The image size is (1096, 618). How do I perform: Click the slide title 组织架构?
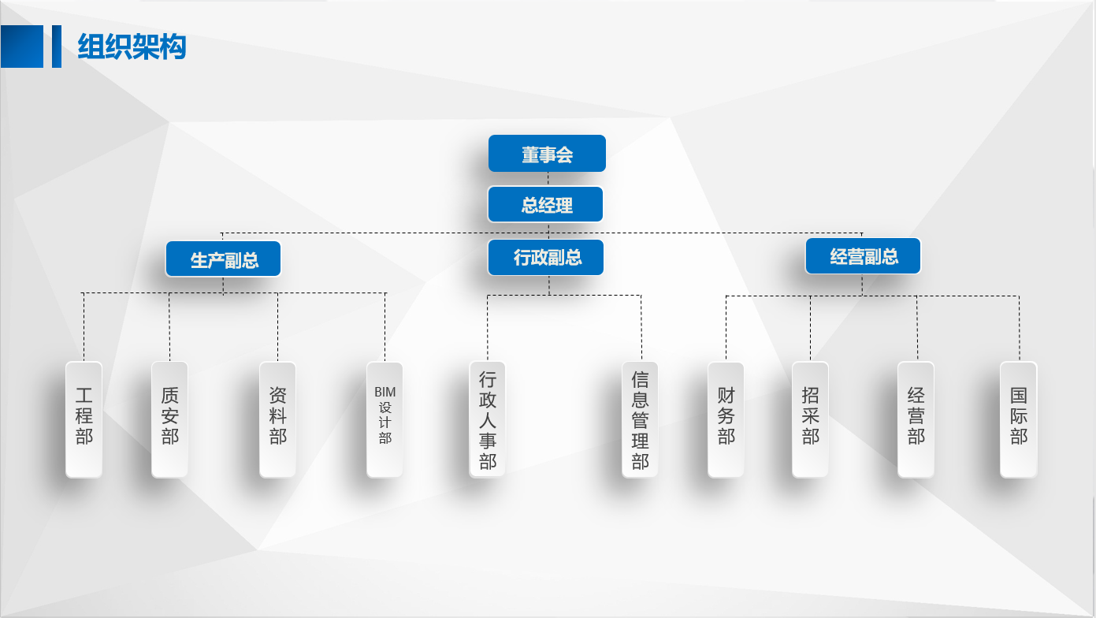pos(132,47)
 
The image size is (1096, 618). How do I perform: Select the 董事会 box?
pos(547,154)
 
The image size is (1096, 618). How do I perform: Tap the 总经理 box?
pos(545,205)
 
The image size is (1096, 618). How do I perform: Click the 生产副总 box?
pos(224,259)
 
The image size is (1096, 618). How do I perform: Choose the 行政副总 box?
pos(546,258)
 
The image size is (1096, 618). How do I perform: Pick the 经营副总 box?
pos(863,256)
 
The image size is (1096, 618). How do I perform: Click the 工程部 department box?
pos(84,419)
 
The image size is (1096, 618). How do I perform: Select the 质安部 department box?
pos(169,419)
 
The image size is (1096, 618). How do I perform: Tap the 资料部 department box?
pos(277,419)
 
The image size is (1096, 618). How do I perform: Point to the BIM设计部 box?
pos(385,419)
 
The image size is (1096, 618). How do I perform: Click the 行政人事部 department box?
pos(488,419)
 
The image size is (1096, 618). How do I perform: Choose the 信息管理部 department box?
pos(640,419)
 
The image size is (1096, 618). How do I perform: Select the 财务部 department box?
pos(726,419)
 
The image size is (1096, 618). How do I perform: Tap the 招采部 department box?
pos(810,419)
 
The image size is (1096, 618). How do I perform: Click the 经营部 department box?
pos(916,419)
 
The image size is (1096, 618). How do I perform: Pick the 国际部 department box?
pos(1019,419)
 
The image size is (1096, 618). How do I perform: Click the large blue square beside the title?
pos(22,47)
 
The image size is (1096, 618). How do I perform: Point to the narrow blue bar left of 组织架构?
pos(57,47)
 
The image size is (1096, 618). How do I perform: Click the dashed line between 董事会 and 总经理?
pos(548,179)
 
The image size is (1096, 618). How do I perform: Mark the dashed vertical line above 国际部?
pos(1019,329)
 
